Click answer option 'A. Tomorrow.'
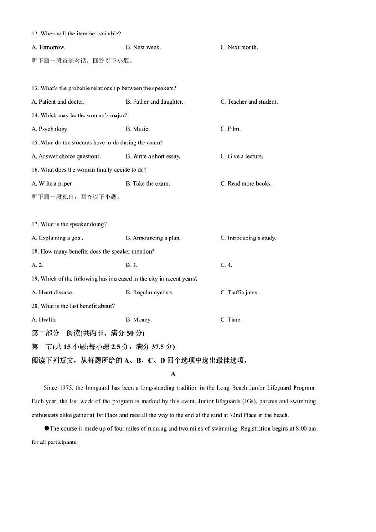(48, 47)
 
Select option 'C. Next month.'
(239, 47)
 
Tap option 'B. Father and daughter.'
(154, 102)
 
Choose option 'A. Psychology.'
(50, 129)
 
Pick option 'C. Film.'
(231, 129)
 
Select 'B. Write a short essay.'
(153, 156)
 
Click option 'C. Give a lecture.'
(242, 156)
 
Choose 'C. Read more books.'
(246, 184)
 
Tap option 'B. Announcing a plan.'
(153, 238)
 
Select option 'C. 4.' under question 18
(226, 266)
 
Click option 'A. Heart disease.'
(52, 293)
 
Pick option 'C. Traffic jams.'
(239, 293)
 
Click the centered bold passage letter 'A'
(173, 374)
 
